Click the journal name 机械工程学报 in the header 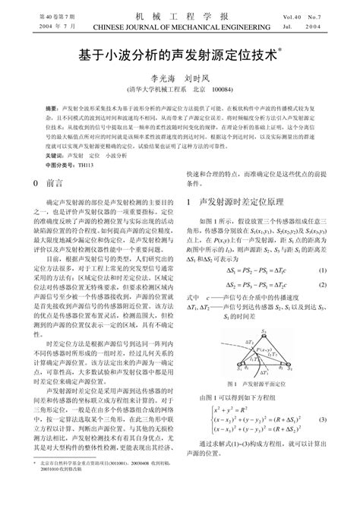click(179, 15)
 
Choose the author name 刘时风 click(199, 77)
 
